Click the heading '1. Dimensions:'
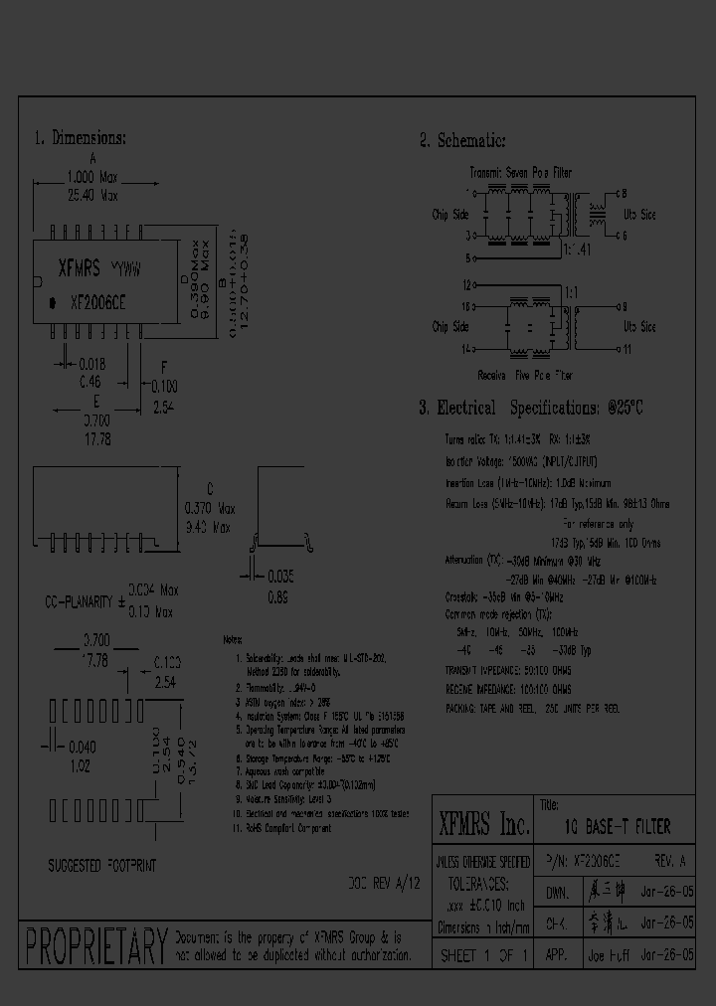coord(81,138)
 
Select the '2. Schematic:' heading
coord(462,141)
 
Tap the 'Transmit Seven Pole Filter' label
coord(521,173)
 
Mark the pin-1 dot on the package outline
coord(51,301)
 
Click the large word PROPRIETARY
coord(94,945)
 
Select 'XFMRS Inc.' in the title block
coord(484,824)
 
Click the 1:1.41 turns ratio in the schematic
coord(577,251)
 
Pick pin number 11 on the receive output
coord(626,348)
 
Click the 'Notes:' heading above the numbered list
coord(233,640)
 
